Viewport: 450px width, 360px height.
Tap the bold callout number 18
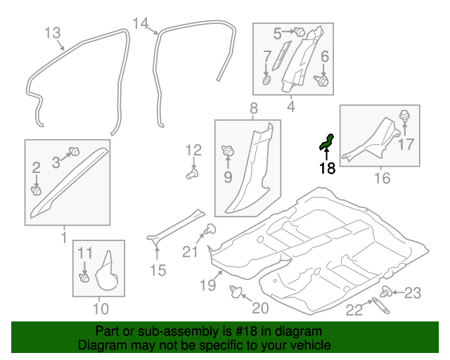[x=327, y=168]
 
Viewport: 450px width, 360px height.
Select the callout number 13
[x=52, y=33]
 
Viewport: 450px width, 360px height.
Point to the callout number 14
[x=141, y=24]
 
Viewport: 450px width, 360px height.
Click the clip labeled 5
[x=298, y=32]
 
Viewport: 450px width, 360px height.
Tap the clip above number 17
[x=404, y=116]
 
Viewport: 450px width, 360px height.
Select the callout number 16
[x=381, y=178]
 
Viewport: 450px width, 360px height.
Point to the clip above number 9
[x=228, y=150]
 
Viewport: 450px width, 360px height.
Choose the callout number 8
[x=253, y=108]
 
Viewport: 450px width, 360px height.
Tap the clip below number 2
[x=36, y=189]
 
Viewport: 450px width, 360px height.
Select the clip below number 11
[x=84, y=278]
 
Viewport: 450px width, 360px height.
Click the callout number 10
[x=100, y=307]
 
